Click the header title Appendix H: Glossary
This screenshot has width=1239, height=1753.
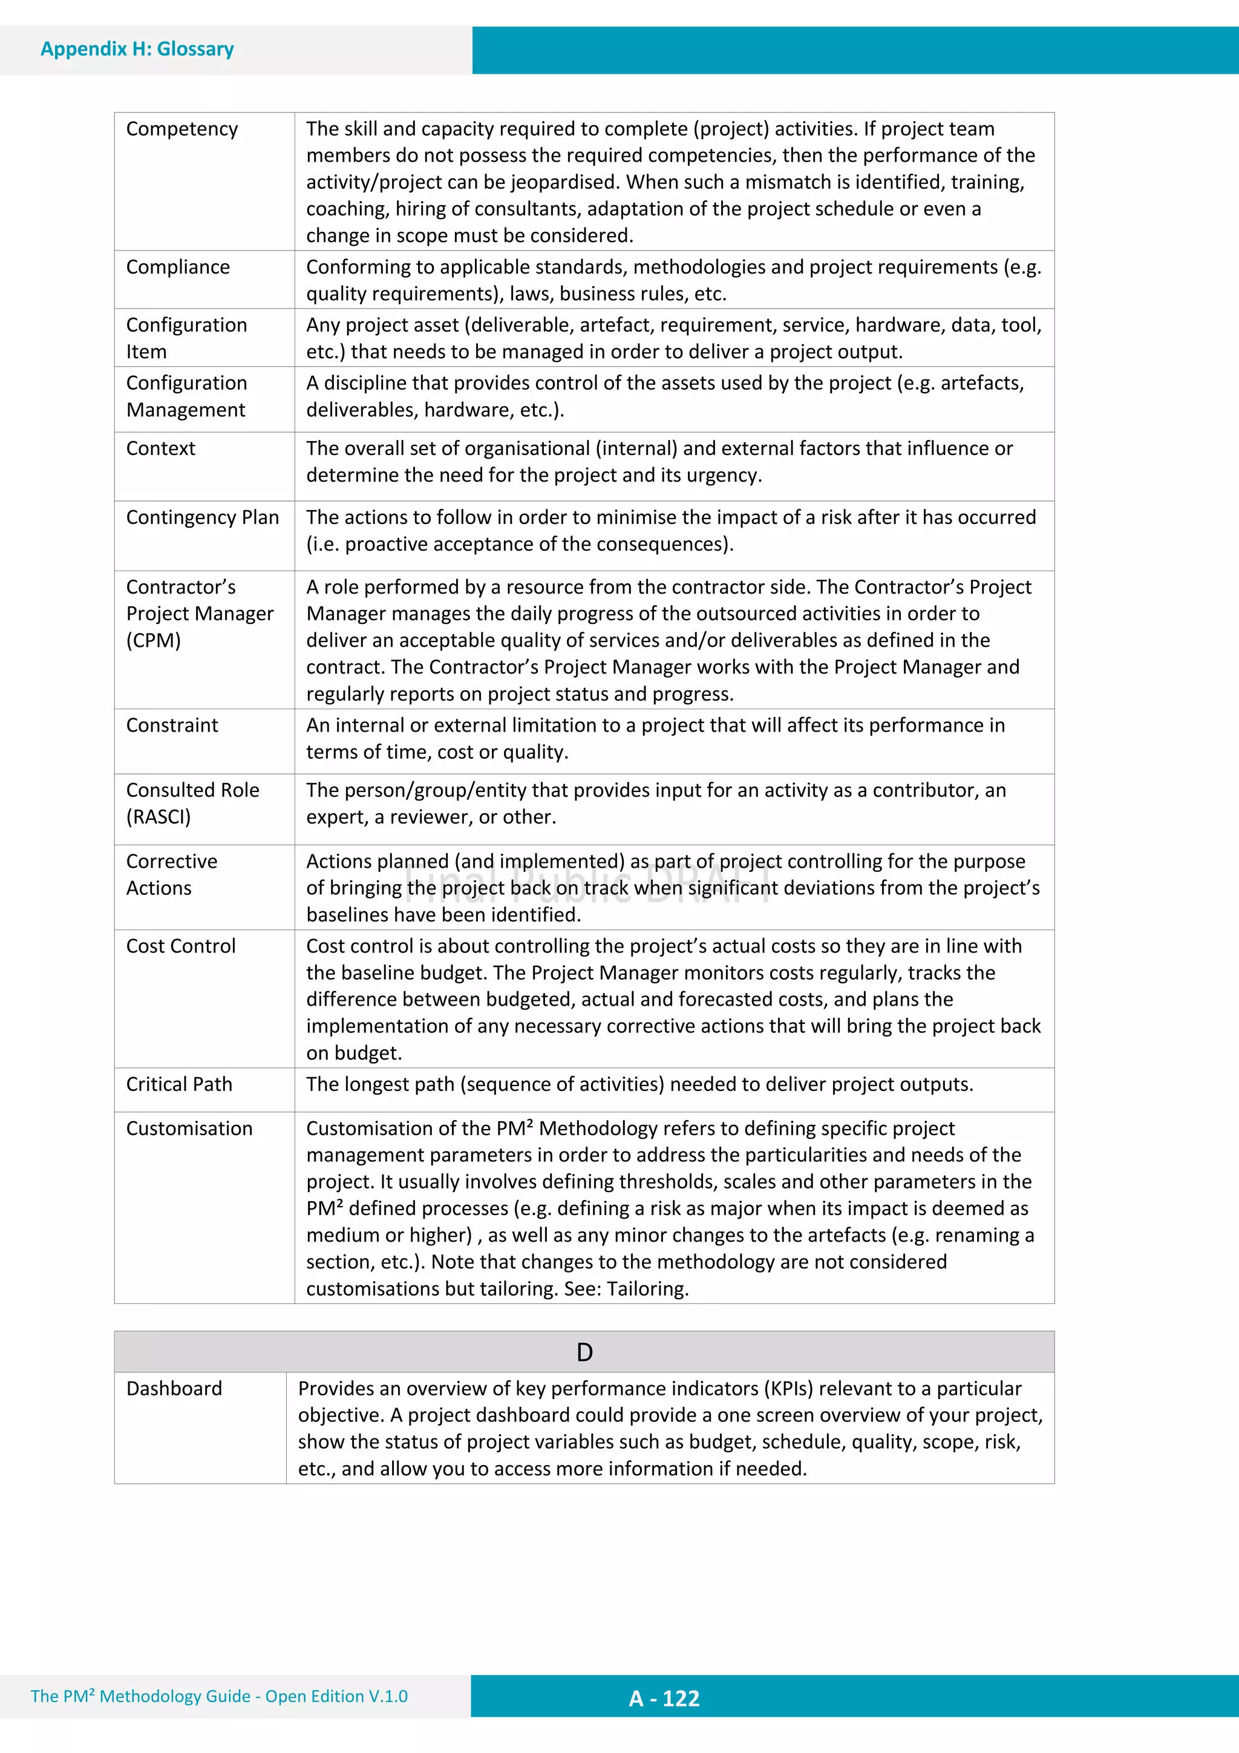click(137, 50)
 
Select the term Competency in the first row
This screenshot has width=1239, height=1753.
click(181, 129)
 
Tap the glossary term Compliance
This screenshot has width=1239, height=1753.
click(178, 267)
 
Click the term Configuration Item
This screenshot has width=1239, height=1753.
click(186, 338)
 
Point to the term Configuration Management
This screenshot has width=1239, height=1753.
click(186, 396)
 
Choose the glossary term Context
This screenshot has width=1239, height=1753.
click(160, 449)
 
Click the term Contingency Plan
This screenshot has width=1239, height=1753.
click(202, 517)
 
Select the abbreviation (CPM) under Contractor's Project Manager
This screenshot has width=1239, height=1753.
click(154, 641)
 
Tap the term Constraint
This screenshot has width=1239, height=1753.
click(172, 726)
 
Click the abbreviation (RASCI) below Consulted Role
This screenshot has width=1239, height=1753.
click(158, 817)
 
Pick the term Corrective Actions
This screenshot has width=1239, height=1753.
click(171, 875)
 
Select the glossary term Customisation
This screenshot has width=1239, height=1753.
click(189, 1129)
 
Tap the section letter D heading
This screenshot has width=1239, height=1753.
click(584, 1352)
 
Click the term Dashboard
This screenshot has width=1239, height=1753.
click(174, 1388)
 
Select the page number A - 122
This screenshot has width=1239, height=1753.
click(664, 1699)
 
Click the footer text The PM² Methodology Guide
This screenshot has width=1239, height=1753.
click(141, 1697)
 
